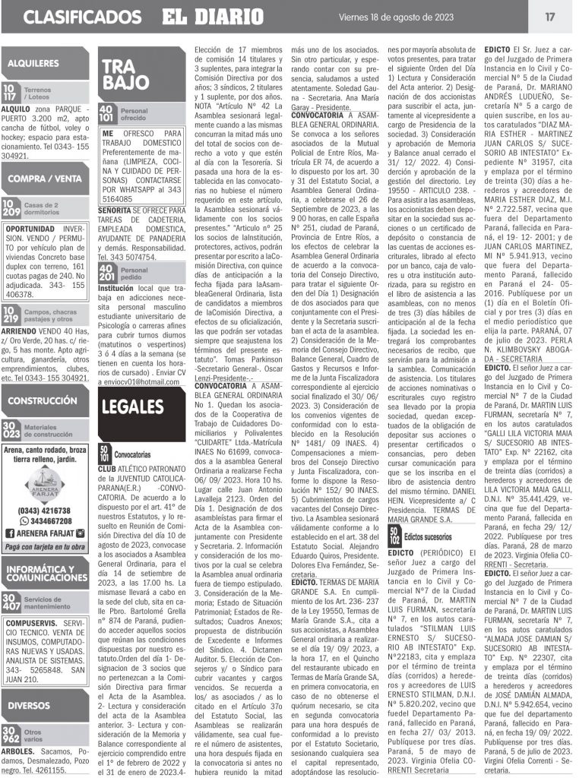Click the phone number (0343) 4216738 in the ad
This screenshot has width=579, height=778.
[x=49, y=511]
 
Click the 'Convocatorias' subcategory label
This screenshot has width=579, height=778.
[x=132, y=454]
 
